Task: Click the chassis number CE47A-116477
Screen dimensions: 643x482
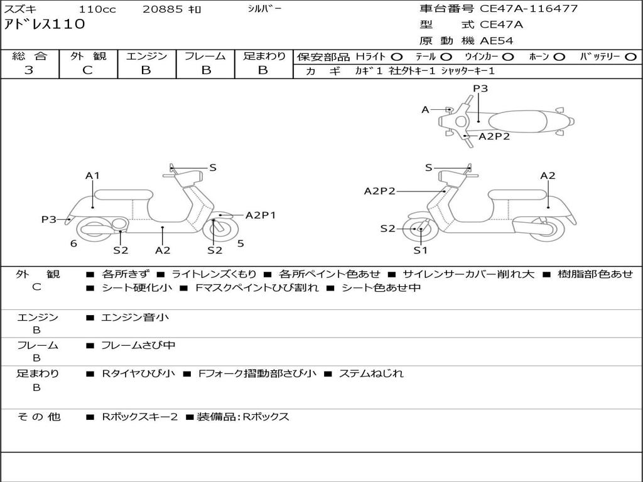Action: (529, 9)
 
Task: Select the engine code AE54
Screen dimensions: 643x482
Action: (497, 41)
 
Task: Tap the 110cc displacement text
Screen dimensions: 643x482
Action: (96, 9)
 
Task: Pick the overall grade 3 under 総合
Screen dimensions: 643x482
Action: (29, 70)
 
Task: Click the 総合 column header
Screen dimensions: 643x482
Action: (29, 56)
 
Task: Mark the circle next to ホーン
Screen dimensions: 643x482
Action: (559, 57)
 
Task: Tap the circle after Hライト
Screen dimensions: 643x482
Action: (397, 57)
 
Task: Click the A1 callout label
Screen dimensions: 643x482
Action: (93, 176)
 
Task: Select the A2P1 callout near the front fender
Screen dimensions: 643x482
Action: (261, 215)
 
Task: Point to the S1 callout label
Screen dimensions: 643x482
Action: (420, 250)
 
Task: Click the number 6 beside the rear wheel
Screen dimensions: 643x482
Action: (73, 244)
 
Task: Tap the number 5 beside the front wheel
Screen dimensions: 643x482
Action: (240, 244)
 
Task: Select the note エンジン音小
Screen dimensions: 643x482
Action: (134, 318)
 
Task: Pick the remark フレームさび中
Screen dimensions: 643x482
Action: (138, 345)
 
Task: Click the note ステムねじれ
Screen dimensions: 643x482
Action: (370, 373)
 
